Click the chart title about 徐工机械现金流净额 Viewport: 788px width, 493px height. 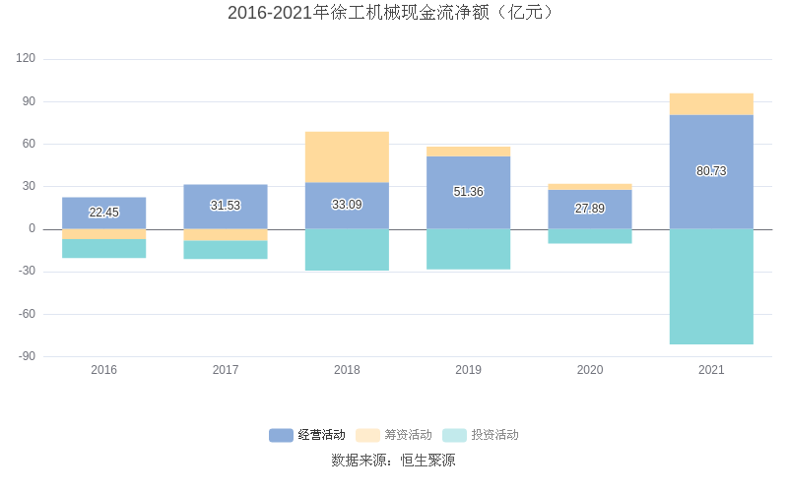click(x=393, y=13)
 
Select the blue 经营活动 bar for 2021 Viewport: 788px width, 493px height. click(x=711, y=148)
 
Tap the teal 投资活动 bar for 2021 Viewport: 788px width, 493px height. click(x=711, y=286)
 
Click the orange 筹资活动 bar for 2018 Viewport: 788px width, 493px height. click(x=347, y=156)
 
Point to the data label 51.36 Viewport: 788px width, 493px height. click(x=468, y=192)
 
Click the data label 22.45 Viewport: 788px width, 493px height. click(x=103, y=213)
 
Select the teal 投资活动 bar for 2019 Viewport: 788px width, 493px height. click(x=468, y=249)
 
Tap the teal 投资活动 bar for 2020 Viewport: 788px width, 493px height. click(x=589, y=236)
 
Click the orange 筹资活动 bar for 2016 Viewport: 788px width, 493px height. click(x=103, y=234)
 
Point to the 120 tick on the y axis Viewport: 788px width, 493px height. click(x=26, y=59)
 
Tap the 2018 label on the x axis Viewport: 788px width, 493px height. click(x=347, y=370)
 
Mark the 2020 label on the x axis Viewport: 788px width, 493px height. click(x=589, y=370)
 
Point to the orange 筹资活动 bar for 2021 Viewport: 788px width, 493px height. click(x=711, y=104)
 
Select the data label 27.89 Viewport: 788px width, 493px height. click(x=589, y=209)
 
